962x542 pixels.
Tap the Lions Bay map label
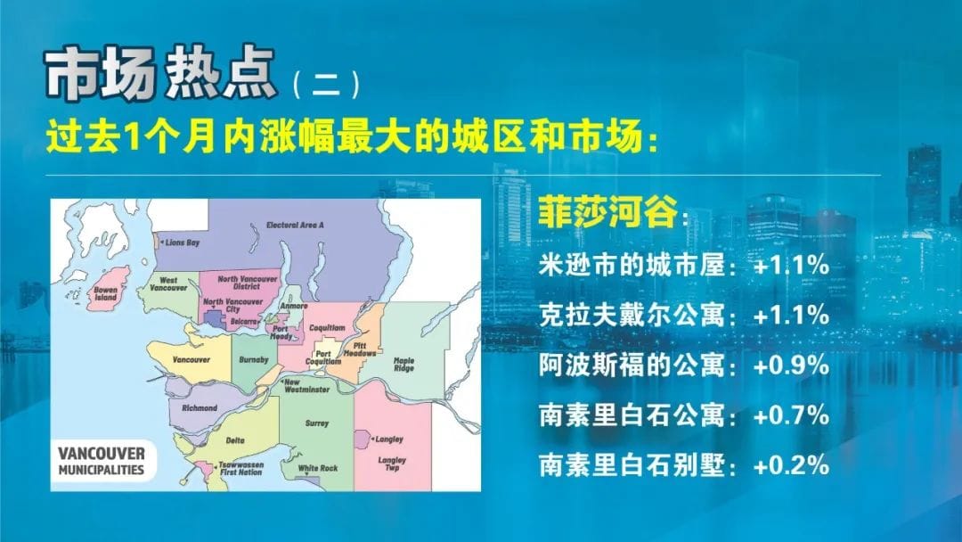[x=183, y=242]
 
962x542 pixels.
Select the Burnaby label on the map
[x=248, y=359]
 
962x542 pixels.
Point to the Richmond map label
[x=200, y=407]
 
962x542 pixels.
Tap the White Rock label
[x=318, y=468]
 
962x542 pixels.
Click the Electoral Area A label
[x=295, y=226]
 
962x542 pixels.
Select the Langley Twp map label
[x=392, y=464]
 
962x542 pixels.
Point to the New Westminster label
[x=306, y=386]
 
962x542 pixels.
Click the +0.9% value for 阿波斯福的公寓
[x=792, y=365]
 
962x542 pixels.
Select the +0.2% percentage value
[x=792, y=465]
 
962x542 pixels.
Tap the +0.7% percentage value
[x=792, y=415]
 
